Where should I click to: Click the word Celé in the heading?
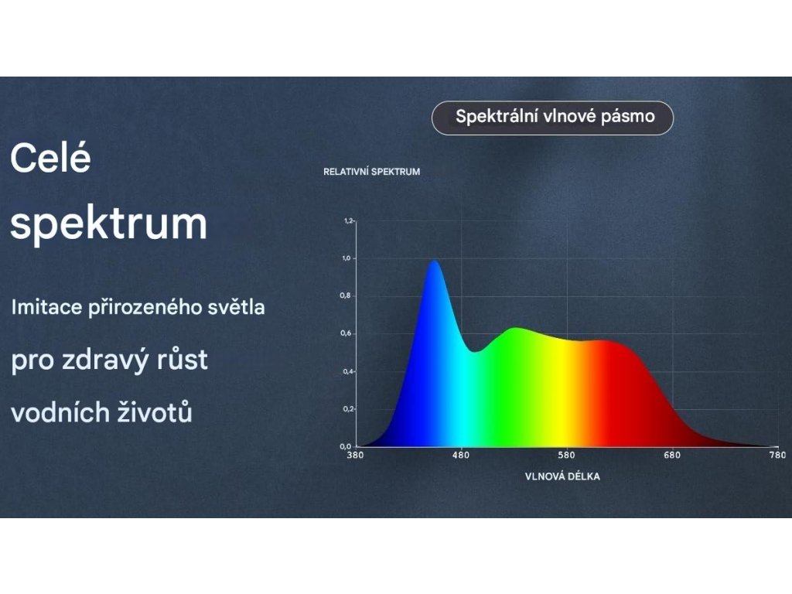pos(50,158)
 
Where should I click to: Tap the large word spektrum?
pos(108,224)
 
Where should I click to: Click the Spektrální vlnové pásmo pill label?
pos(552,118)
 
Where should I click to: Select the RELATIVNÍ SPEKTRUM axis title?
pos(372,172)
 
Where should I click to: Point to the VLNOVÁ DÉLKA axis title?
pos(562,476)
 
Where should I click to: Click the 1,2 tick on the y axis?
pos(348,220)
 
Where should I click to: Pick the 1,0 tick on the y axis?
pos(346,258)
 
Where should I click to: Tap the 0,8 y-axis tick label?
pos(346,295)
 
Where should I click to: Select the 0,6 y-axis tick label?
pos(346,333)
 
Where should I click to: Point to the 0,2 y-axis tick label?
pos(348,409)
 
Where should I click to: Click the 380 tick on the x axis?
pos(355,455)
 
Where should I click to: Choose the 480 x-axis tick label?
pos(461,455)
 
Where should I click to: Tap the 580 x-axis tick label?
pos(566,455)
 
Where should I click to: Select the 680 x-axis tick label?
pos(672,455)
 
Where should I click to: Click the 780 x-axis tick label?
pos(778,455)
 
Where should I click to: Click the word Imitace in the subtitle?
pos(46,307)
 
